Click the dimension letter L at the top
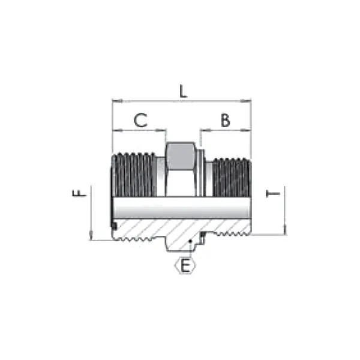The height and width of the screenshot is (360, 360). click(184, 91)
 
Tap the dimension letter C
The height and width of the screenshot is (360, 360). click(140, 120)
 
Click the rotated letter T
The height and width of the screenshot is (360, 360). click(274, 194)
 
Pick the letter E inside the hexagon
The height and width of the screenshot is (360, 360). click(186, 265)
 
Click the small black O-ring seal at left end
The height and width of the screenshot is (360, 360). click(113, 225)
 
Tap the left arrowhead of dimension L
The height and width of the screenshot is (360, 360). click(115, 101)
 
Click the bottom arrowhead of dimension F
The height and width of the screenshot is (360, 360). click(90, 238)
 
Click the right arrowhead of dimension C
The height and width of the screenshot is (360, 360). click(163, 130)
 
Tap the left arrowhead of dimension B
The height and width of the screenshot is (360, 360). click(203, 130)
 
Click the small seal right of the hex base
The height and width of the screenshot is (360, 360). click(204, 236)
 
